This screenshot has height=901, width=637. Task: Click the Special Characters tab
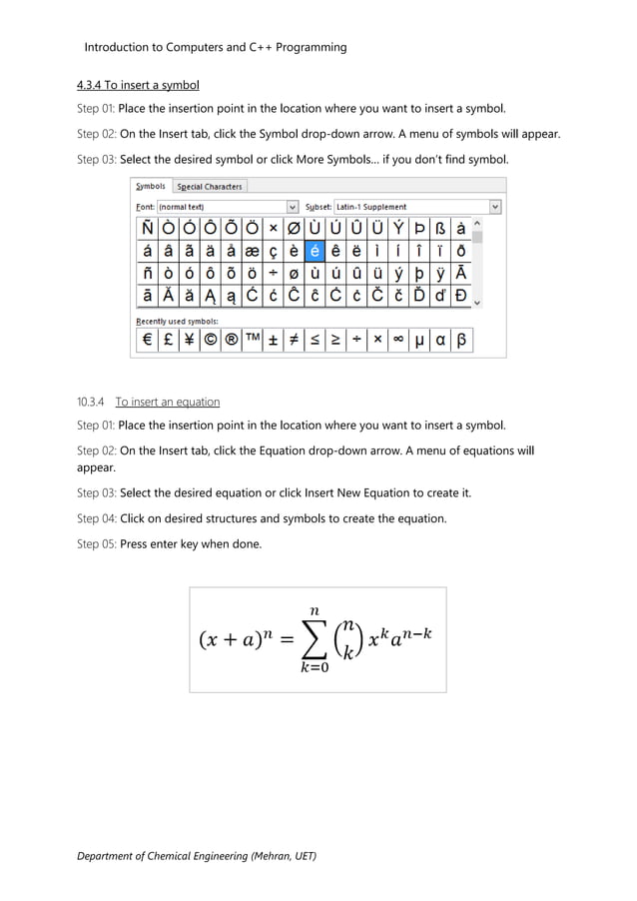point(210,186)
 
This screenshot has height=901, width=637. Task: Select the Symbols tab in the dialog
point(151,186)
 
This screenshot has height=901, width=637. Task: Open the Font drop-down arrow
point(293,207)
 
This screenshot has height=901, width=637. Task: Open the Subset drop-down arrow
point(495,207)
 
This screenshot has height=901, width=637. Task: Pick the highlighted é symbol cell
point(315,251)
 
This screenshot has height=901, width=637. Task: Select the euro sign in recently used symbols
point(148,340)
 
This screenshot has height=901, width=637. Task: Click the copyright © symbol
point(211,340)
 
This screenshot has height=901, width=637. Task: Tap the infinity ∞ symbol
point(397,340)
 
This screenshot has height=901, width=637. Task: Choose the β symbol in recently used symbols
point(460,340)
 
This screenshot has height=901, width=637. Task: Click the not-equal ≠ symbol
point(295,340)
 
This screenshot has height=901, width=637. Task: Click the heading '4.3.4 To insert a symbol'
point(139,84)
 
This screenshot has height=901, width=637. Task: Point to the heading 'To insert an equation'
point(167,402)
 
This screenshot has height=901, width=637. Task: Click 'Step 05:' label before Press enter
point(97,544)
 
